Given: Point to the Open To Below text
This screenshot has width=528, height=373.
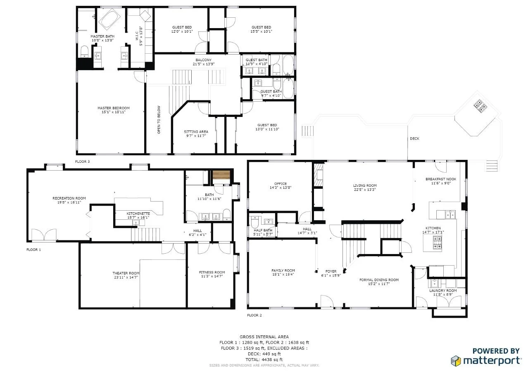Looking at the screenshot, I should pos(159,120).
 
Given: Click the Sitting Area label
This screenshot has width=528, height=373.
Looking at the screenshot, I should pos(196,132).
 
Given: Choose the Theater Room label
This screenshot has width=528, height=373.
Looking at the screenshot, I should pos(126,273).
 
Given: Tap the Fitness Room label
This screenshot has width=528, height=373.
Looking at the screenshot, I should pos(212,272).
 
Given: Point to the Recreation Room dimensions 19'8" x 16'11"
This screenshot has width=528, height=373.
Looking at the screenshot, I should pos(69,203).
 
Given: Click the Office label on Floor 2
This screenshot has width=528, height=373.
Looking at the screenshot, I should pos(281,184).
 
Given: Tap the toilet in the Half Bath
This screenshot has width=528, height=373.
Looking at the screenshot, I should pos(255,221).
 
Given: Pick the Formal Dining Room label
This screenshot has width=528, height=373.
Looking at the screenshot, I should pos(379,280).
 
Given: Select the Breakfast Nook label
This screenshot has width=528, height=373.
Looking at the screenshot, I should pos(441,179).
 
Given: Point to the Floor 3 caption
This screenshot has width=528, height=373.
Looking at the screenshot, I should pos(82,162).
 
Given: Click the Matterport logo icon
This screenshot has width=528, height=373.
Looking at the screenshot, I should pos(456,361).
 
